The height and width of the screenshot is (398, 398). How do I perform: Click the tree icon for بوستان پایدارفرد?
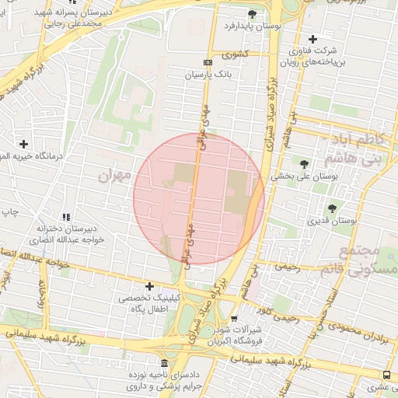point(251,14)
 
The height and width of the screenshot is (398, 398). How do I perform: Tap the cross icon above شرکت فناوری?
point(312,39)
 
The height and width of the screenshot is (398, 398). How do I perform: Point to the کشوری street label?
point(234,55)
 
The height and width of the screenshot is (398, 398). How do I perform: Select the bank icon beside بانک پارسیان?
point(208,62)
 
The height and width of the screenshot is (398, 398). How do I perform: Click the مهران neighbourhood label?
point(117,175)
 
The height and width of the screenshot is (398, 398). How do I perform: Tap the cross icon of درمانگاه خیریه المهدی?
point(24,144)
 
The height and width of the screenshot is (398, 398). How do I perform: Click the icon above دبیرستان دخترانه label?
point(66,217)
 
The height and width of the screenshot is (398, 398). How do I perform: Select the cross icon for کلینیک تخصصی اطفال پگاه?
point(149,287)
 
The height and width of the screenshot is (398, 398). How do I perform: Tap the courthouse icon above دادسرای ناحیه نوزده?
point(163,364)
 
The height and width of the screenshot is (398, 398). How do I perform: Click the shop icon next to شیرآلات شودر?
point(234,319)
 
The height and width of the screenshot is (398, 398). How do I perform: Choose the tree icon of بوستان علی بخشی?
point(303,163)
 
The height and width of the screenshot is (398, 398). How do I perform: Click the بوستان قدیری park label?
point(332,222)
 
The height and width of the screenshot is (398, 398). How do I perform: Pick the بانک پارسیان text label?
point(208,75)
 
